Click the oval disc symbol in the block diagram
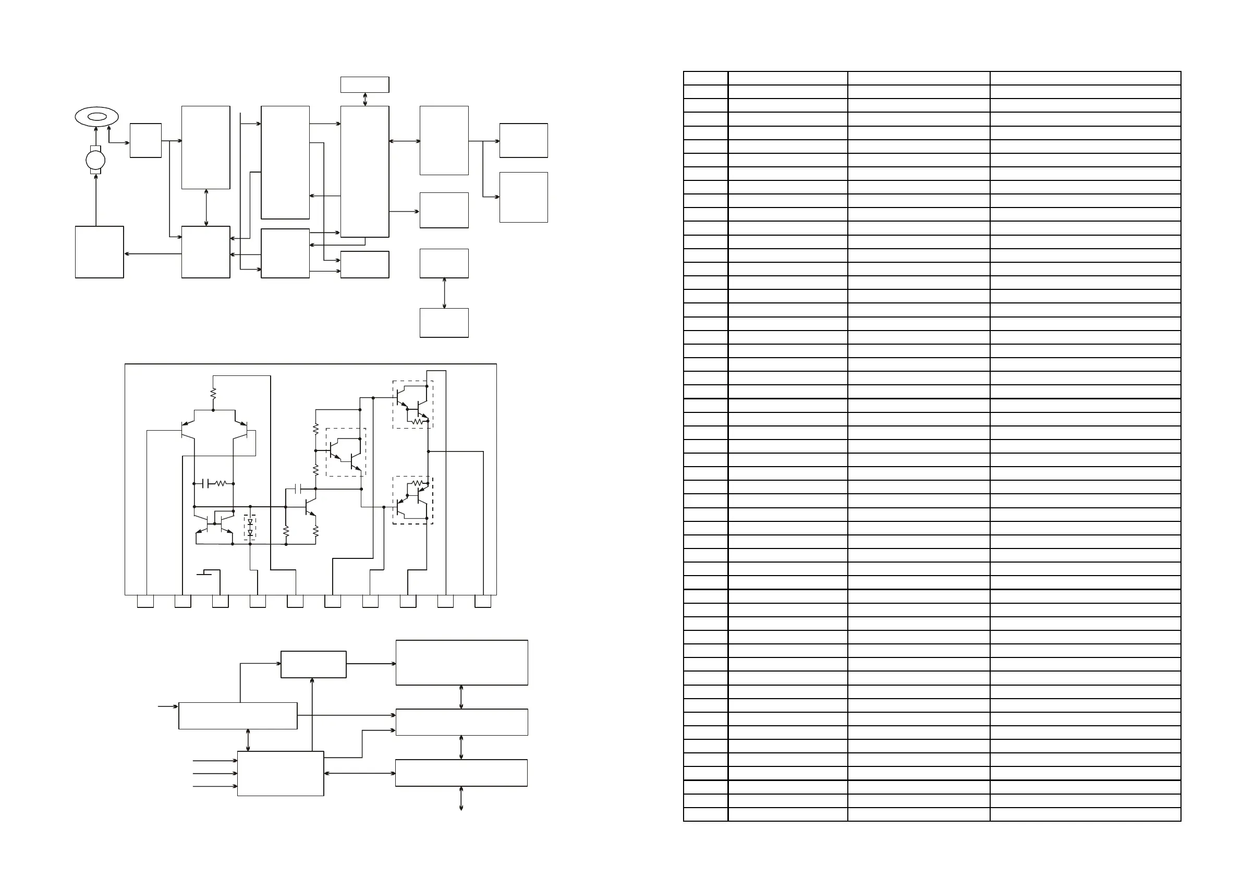click(x=97, y=116)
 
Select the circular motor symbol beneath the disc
click(x=96, y=160)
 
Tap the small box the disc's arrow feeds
click(x=145, y=141)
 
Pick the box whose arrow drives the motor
click(x=100, y=252)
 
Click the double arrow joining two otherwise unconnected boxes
click(x=445, y=293)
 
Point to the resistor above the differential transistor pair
click(x=213, y=393)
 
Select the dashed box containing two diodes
click(x=250, y=527)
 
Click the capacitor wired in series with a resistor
click(x=205, y=484)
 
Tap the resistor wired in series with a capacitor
click(x=220, y=484)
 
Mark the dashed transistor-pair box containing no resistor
click(x=346, y=452)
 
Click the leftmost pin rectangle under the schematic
click(x=145, y=601)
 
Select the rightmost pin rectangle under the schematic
click(x=482, y=601)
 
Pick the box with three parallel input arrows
click(x=280, y=773)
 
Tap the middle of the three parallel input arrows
click(x=215, y=774)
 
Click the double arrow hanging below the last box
click(x=461, y=798)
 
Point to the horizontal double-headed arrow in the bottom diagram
click(x=360, y=773)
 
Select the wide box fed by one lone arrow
click(x=238, y=716)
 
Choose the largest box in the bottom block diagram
click(x=461, y=663)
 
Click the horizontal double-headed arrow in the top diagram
click(x=405, y=141)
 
